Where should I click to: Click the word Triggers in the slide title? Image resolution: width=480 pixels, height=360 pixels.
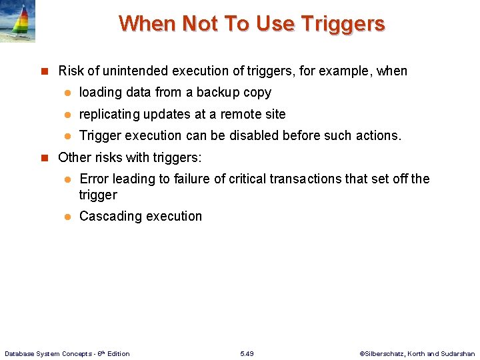click(343, 24)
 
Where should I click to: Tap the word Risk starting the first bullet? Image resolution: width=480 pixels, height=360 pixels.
click(71, 71)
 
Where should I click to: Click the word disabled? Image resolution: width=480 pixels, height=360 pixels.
click(256, 135)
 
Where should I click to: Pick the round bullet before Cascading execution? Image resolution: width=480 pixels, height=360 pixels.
click(67, 217)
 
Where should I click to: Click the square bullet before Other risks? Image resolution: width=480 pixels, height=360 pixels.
click(45, 158)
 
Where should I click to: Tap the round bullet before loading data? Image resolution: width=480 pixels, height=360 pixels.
click(67, 93)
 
